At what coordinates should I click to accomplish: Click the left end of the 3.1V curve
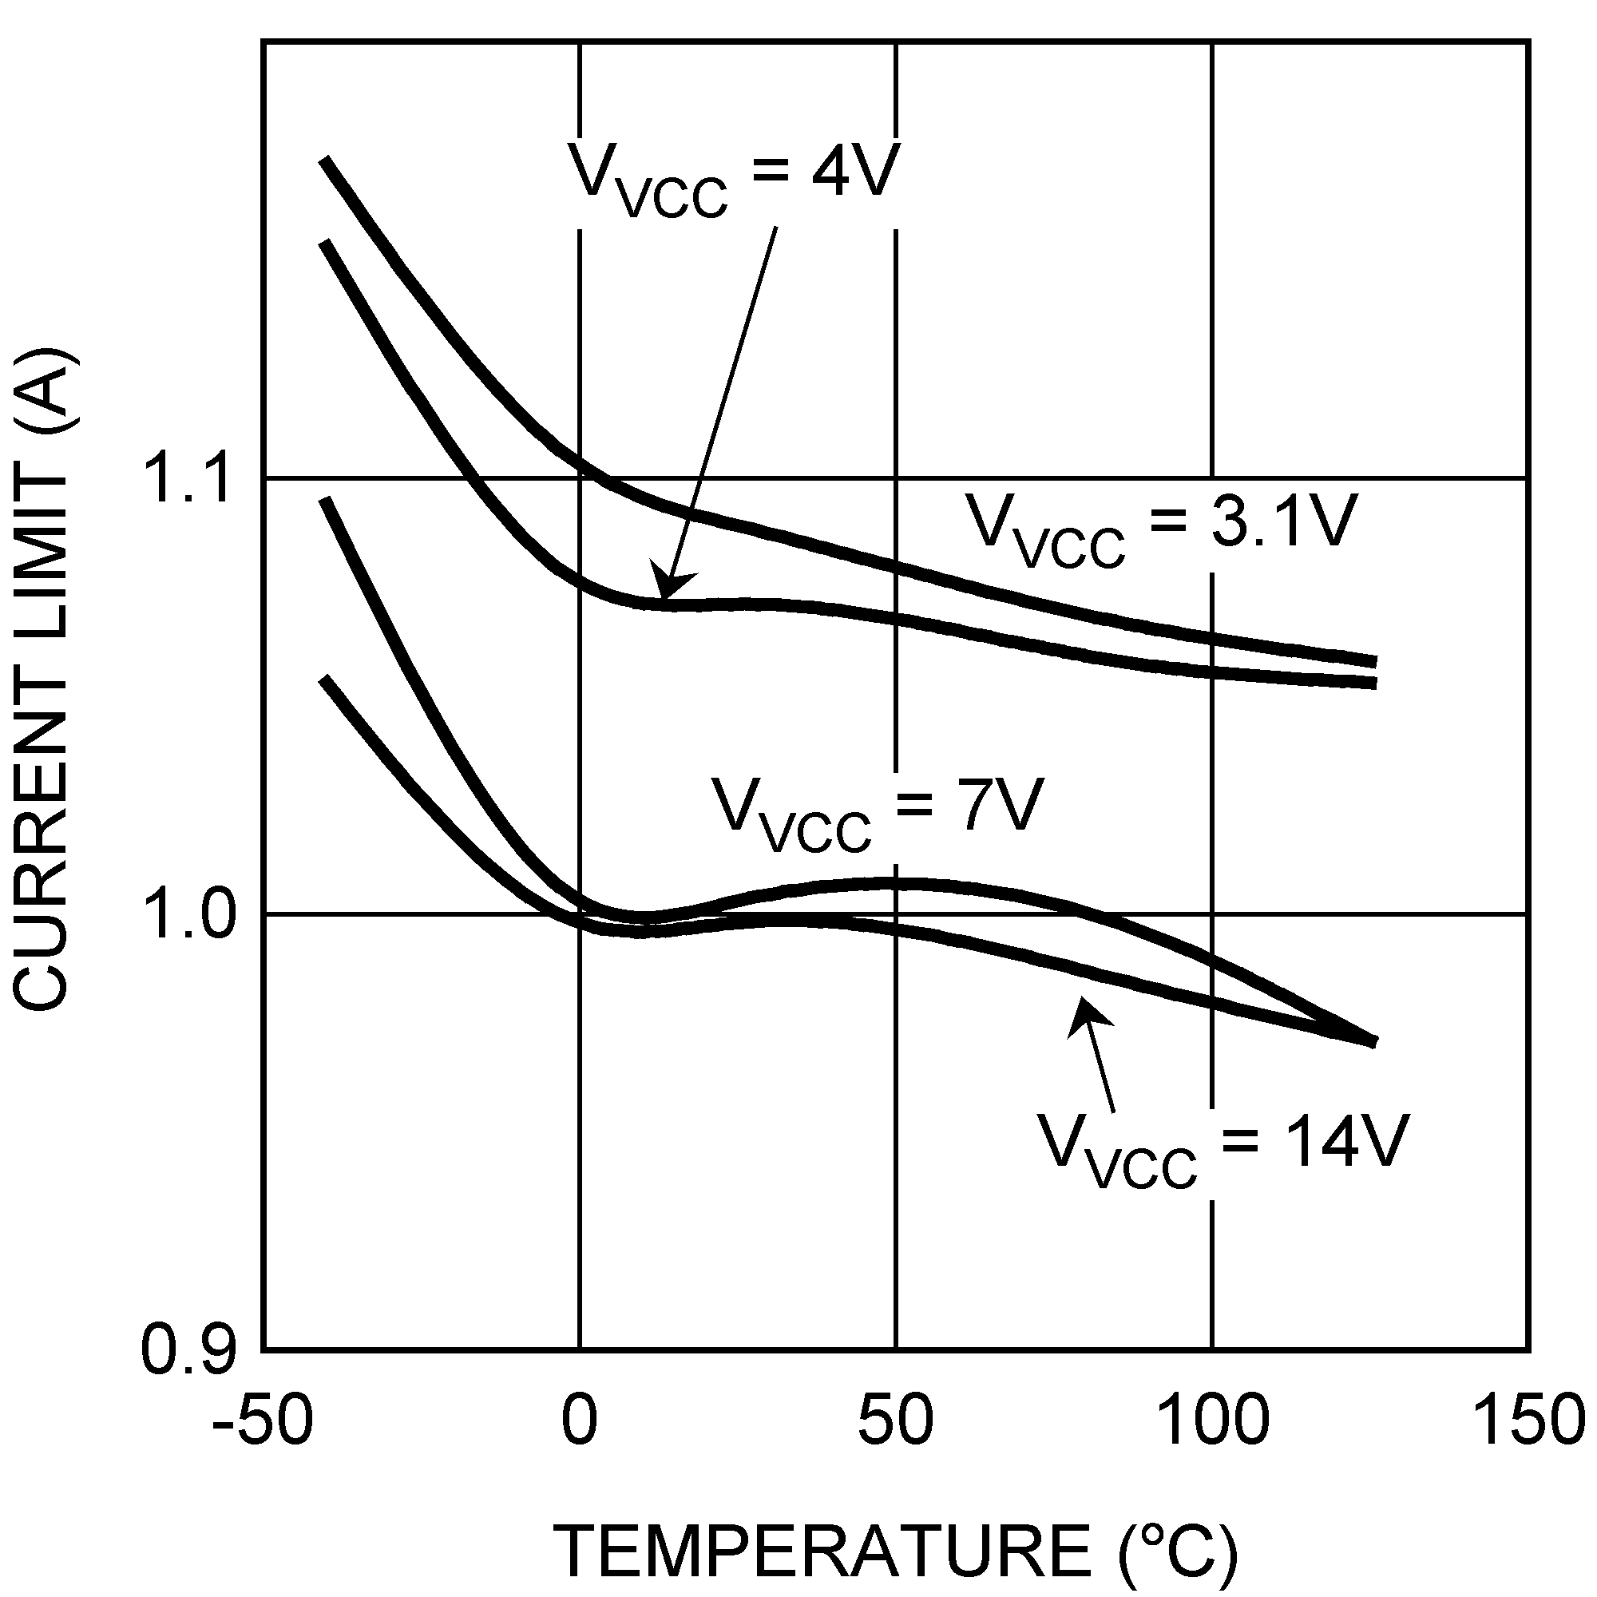(x=325, y=159)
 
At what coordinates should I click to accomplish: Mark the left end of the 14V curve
(x=325, y=680)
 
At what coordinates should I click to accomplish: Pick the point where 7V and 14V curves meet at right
(x=1373, y=1041)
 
